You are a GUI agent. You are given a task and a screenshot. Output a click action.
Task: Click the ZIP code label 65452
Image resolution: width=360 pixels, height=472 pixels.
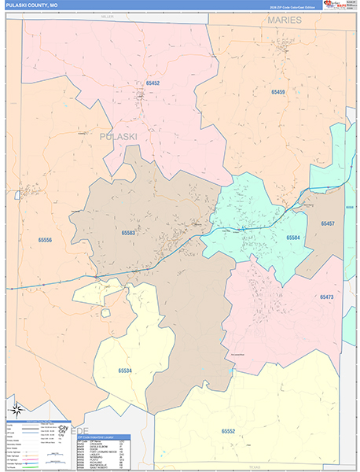pos(147,82)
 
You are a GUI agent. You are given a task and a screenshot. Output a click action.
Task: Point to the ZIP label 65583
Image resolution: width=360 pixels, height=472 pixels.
pos(129,233)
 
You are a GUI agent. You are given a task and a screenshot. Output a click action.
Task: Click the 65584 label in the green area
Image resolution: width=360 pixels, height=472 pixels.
pos(293,237)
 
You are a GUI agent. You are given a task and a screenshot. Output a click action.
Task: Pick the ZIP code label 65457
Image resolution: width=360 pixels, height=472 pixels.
pos(328,224)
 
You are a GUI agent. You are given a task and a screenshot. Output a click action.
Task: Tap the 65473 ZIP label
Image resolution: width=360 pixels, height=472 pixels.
pos(326,297)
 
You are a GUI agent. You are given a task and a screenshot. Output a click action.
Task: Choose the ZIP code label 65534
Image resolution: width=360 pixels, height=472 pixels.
pos(125,370)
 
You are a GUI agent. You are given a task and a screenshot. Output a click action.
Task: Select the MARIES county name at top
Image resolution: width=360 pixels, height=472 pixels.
pos(284,20)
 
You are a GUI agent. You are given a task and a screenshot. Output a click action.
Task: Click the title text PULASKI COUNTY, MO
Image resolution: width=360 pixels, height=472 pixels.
pos(32,6)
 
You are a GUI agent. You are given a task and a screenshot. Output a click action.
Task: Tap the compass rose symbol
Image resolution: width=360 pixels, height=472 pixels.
pos(16,409)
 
